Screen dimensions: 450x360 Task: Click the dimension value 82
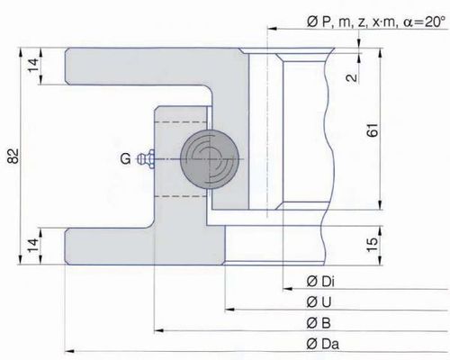pyautogui.click(x=13, y=156)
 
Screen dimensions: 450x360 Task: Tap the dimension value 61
pyautogui.click(x=373, y=130)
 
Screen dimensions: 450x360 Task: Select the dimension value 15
pyautogui.click(x=373, y=245)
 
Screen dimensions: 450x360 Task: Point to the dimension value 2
pyautogui.click(x=352, y=77)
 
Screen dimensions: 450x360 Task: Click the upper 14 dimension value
pyautogui.click(x=33, y=65)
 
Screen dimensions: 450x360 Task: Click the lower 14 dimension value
pyautogui.click(x=33, y=246)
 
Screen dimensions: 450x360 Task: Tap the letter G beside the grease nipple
pyautogui.click(x=126, y=158)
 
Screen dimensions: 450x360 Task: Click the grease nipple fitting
pyautogui.click(x=146, y=158)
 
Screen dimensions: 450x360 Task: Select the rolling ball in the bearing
pyautogui.click(x=210, y=159)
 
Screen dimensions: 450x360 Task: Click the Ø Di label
pyautogui.click(x=320, y=282)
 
